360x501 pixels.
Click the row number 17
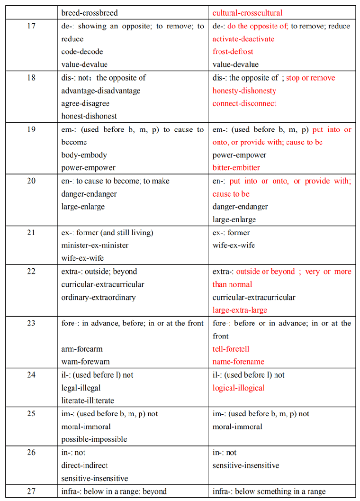pyautogui.click(x=31, y=26)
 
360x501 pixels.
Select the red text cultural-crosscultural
pyautogui.click(x=247, y=13)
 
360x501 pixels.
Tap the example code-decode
pyautogui.click(x=82, y=52)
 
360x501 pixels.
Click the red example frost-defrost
pyautogui.click(x=233, y=52)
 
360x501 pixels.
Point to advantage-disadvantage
pyautogui.click(x=101, y=91)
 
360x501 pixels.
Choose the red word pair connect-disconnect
pyautogui.click(x=244, y=103)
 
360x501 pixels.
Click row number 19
pyautogui.click(x=31, y=129)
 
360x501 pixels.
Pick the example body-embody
pyautogui.click(x=84, y=155)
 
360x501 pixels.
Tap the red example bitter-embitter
pyautogui.click(x=236, y=168)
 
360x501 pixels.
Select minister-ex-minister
pyautogui.click(x=95, y=246)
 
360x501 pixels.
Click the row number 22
pyautogui.click(x=31, y=272)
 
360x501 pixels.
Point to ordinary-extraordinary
pyautogui.click(x=98, y=298)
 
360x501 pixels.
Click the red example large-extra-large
pyautogui.click(x=240, y=310)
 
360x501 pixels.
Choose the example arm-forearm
pyautogui.click(x=81, y=349)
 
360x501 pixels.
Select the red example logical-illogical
pyautogui.click(x=238, y=388)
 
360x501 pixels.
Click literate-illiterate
pyautogui.click(x=88, y=401)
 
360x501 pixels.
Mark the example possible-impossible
pyautogui.click(x=94, y=439)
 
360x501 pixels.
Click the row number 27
pyautogui.click(x=31, y=492)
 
